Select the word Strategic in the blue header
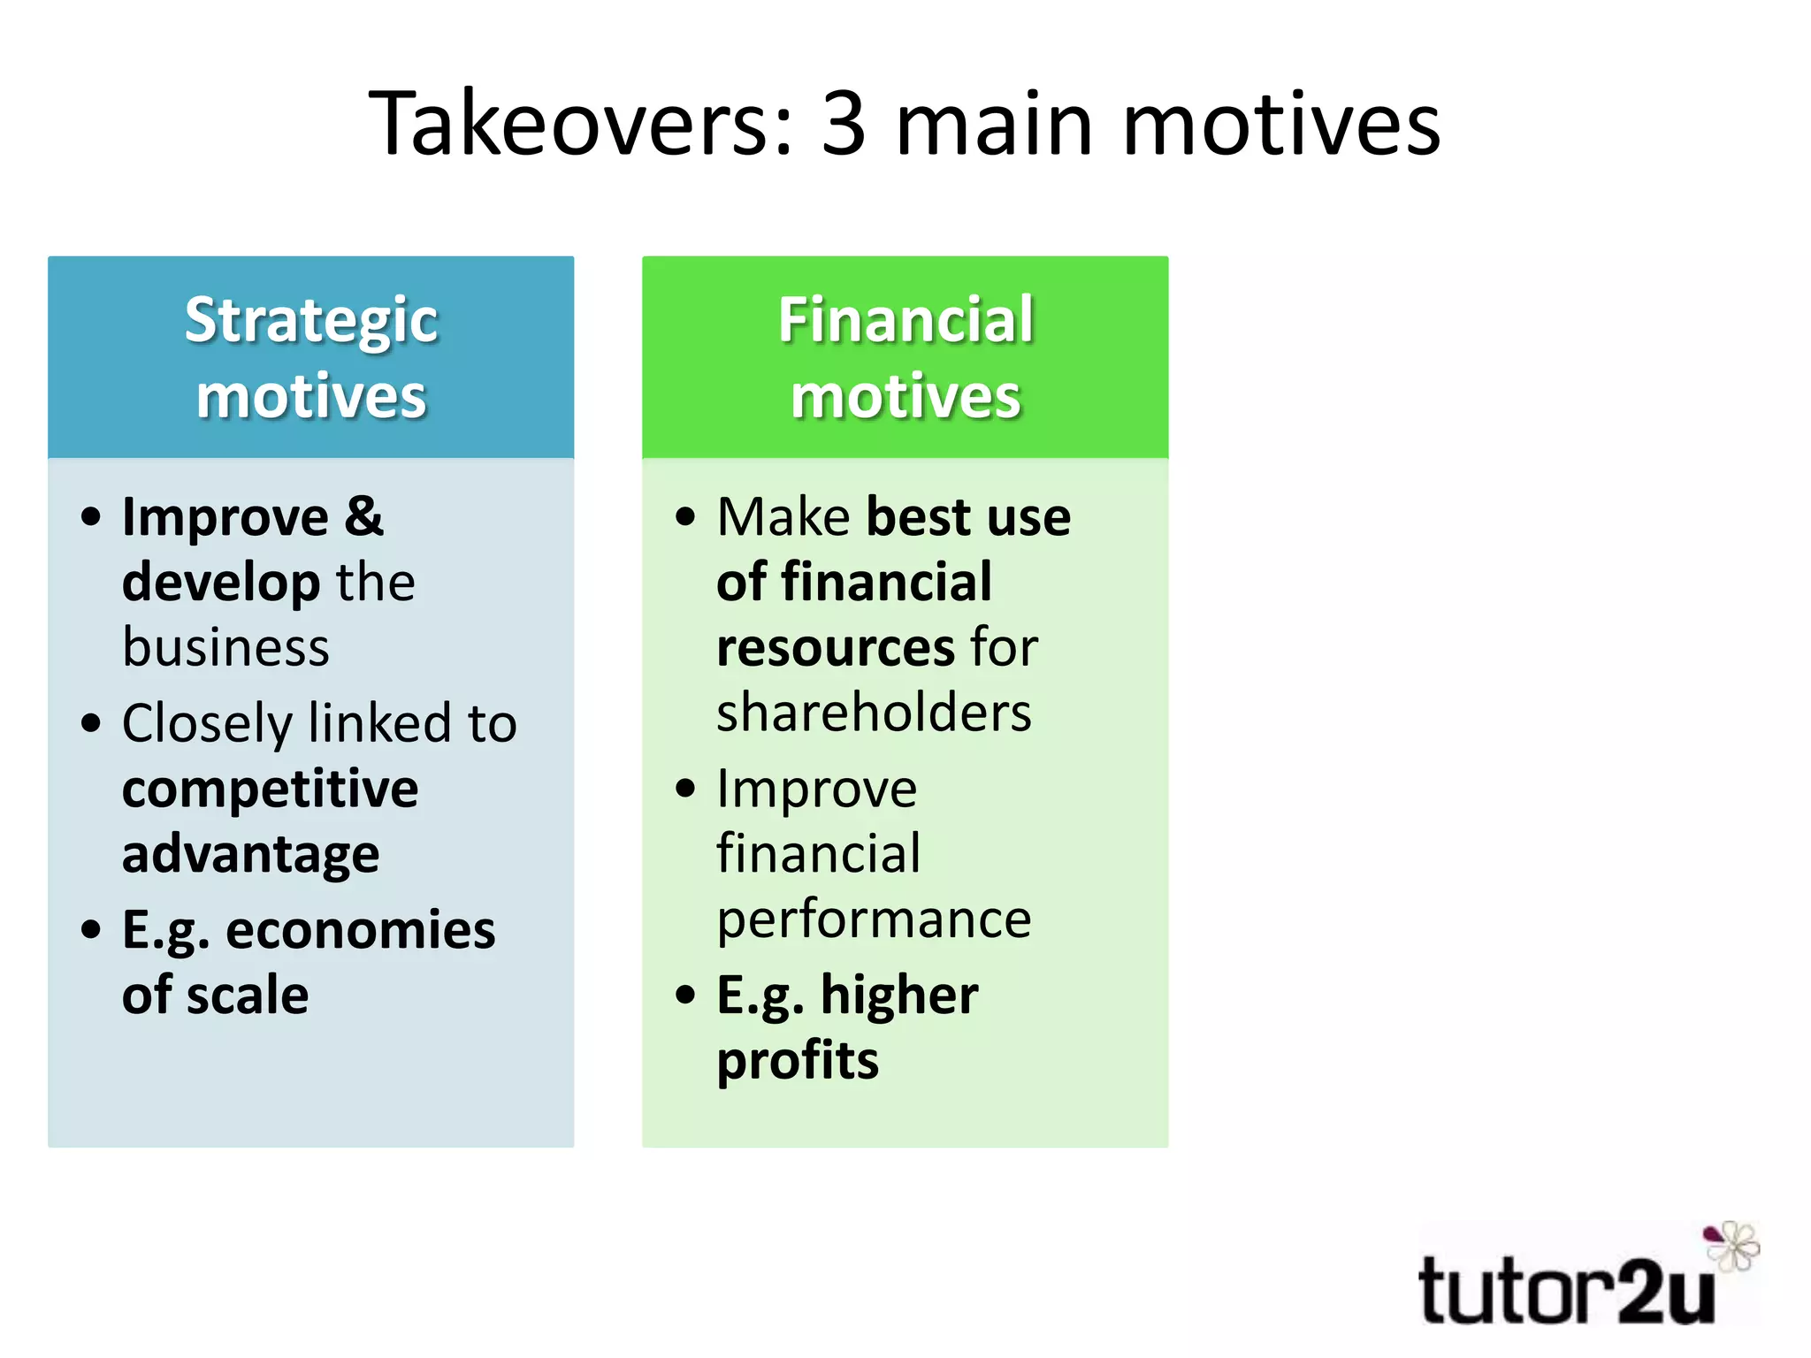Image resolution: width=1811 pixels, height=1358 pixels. [x=311, y=320]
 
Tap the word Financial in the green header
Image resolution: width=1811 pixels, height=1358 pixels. [x=905, y=320]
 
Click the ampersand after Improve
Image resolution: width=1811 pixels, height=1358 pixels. [x=363, y=516]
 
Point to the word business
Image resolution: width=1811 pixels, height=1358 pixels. [x=225, y=647]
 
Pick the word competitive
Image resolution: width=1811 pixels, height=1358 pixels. [x=270, y=789]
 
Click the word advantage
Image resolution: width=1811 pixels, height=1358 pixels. [x=251, y=854]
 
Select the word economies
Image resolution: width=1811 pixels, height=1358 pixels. [x=361, y=930]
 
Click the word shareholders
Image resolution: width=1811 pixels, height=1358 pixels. [x=874, y=713]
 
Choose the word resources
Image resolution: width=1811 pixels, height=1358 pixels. [x=835, y=647]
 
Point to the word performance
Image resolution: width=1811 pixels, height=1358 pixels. [x=874, y=919]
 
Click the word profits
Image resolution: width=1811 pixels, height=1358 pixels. [x=798, y=1061]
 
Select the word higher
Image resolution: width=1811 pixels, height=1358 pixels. [x=899, y=996]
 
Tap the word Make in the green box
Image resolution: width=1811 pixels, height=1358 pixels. [x=783, y=516]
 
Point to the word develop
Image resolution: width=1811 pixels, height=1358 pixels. [x=221, y=582]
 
